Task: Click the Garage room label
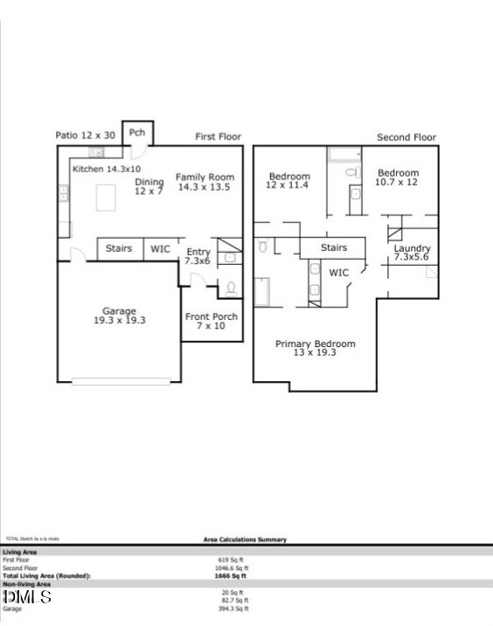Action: pos(120,316)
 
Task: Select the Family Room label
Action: pos(205,182)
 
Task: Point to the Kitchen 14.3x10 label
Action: pos(106,169)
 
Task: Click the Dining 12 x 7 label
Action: pos(149,186)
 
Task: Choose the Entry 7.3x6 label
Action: pos(198,257)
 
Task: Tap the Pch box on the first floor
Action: pos(137,133)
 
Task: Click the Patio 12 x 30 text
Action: pos(85,136)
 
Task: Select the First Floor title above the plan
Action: pos(218,137)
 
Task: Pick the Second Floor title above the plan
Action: pos(406,137)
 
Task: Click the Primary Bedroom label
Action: pos(316,348)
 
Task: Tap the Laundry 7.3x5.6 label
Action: pos(412,253)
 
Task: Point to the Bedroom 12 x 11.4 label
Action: pos(288,181)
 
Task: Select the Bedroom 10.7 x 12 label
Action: pos(398,177)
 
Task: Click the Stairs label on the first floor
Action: pos(119,249)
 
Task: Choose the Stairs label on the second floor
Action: pos(334,248)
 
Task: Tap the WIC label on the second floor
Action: pos(339,273)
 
